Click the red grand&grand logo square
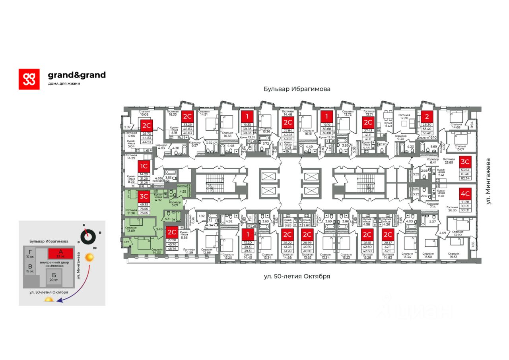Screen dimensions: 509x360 pos(29,79)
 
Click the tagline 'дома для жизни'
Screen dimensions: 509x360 pos(64,83)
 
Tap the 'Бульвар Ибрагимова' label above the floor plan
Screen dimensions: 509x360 pos(297,89)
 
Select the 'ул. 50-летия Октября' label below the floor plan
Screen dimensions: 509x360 pos(297,276)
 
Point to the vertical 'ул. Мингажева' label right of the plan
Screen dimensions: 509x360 pos(488,181)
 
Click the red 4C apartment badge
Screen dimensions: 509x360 pos(465,194)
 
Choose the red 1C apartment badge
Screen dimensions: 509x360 pos(144,166)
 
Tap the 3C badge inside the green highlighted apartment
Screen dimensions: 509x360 pos(144,196)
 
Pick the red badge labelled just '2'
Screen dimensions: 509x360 pos(427,116)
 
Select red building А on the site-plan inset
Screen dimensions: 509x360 pos(60,253)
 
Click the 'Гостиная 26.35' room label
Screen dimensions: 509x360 pos(453,209)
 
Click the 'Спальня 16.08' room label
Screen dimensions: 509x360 pos(144,114)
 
